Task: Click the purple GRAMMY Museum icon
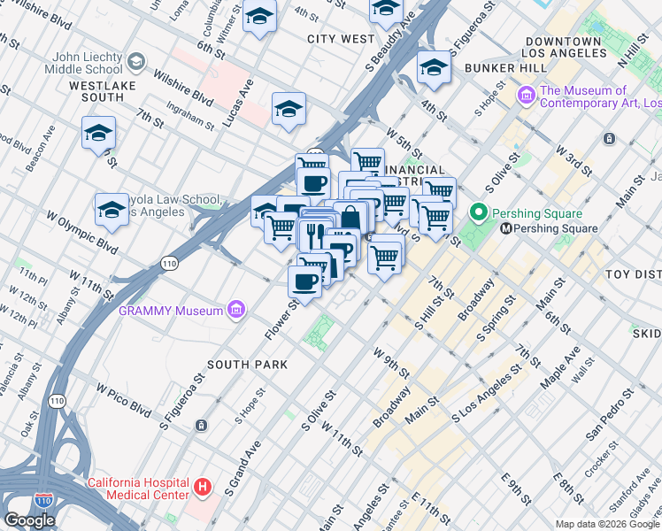236,311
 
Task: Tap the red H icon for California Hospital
204,487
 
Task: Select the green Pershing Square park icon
480,213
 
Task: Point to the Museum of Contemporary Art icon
526,93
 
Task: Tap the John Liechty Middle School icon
136,61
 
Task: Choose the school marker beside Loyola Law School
111,210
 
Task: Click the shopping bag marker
351,217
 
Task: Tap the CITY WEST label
341,39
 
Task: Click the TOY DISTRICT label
632,275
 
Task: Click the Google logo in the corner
29,520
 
